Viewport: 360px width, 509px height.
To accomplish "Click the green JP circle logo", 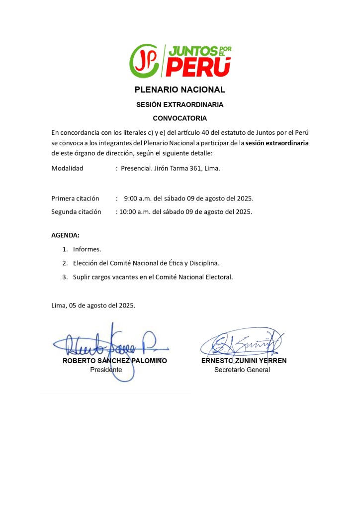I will pos(144,61).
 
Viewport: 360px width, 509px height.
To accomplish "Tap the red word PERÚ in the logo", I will pos(198,68).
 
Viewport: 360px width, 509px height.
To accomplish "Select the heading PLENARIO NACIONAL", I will pos(180,90).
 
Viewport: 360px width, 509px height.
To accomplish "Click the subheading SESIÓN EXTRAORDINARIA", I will pos(180,105).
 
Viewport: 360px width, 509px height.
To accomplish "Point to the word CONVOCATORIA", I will pos(180,118).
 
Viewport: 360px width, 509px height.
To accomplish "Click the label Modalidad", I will pos(68,168).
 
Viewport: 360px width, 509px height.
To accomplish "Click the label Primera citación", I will pos(75,199).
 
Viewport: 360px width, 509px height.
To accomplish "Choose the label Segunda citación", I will pos(76,211).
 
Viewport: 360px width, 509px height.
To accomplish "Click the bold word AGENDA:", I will pos(65,235).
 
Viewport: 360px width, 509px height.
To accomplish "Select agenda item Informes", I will pos(87,249).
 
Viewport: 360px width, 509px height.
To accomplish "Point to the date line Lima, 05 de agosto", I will pos(93,305).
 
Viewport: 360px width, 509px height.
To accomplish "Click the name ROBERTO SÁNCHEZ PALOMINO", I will pos(114,361).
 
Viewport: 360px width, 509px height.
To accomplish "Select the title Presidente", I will pos(106,370).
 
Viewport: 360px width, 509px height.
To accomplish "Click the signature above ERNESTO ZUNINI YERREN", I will pos(242,342).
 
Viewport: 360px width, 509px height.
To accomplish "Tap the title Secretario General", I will pos(242,370).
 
